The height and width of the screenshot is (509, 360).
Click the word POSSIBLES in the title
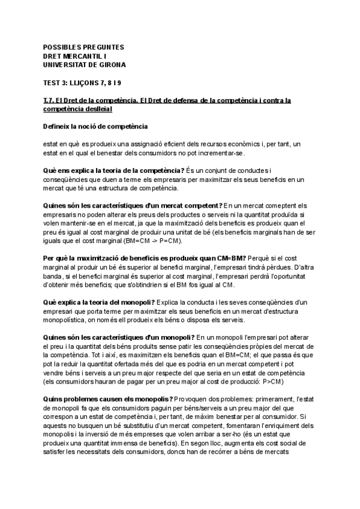[62, 46]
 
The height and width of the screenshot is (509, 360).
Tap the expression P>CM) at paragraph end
[272, 382]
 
